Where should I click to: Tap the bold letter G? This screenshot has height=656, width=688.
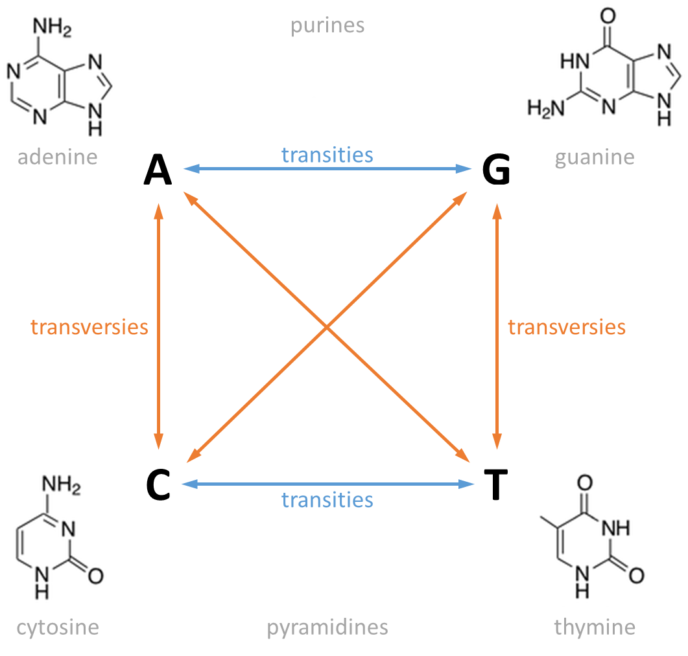tap(496, 171)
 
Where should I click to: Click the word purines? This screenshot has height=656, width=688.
tap(327, 25)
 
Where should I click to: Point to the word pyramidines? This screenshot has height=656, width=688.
tap(327, 627)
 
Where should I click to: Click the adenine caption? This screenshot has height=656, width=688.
tap(58, 157)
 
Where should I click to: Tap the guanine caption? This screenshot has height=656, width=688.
tap(595, 157)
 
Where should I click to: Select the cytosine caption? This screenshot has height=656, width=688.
tap(58, 627)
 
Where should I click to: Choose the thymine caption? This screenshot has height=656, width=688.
tap(595, 627)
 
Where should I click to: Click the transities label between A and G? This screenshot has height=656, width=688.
tap(327, 154)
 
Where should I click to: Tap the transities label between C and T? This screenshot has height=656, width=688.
tap(327, 499)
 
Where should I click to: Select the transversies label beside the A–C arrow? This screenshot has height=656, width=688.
tap(89, 327)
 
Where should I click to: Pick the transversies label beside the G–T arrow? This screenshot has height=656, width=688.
tap(567, 327)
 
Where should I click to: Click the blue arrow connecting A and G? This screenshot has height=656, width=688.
tap(259, 170)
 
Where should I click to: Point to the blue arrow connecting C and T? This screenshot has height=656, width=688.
tap(259, 484)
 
